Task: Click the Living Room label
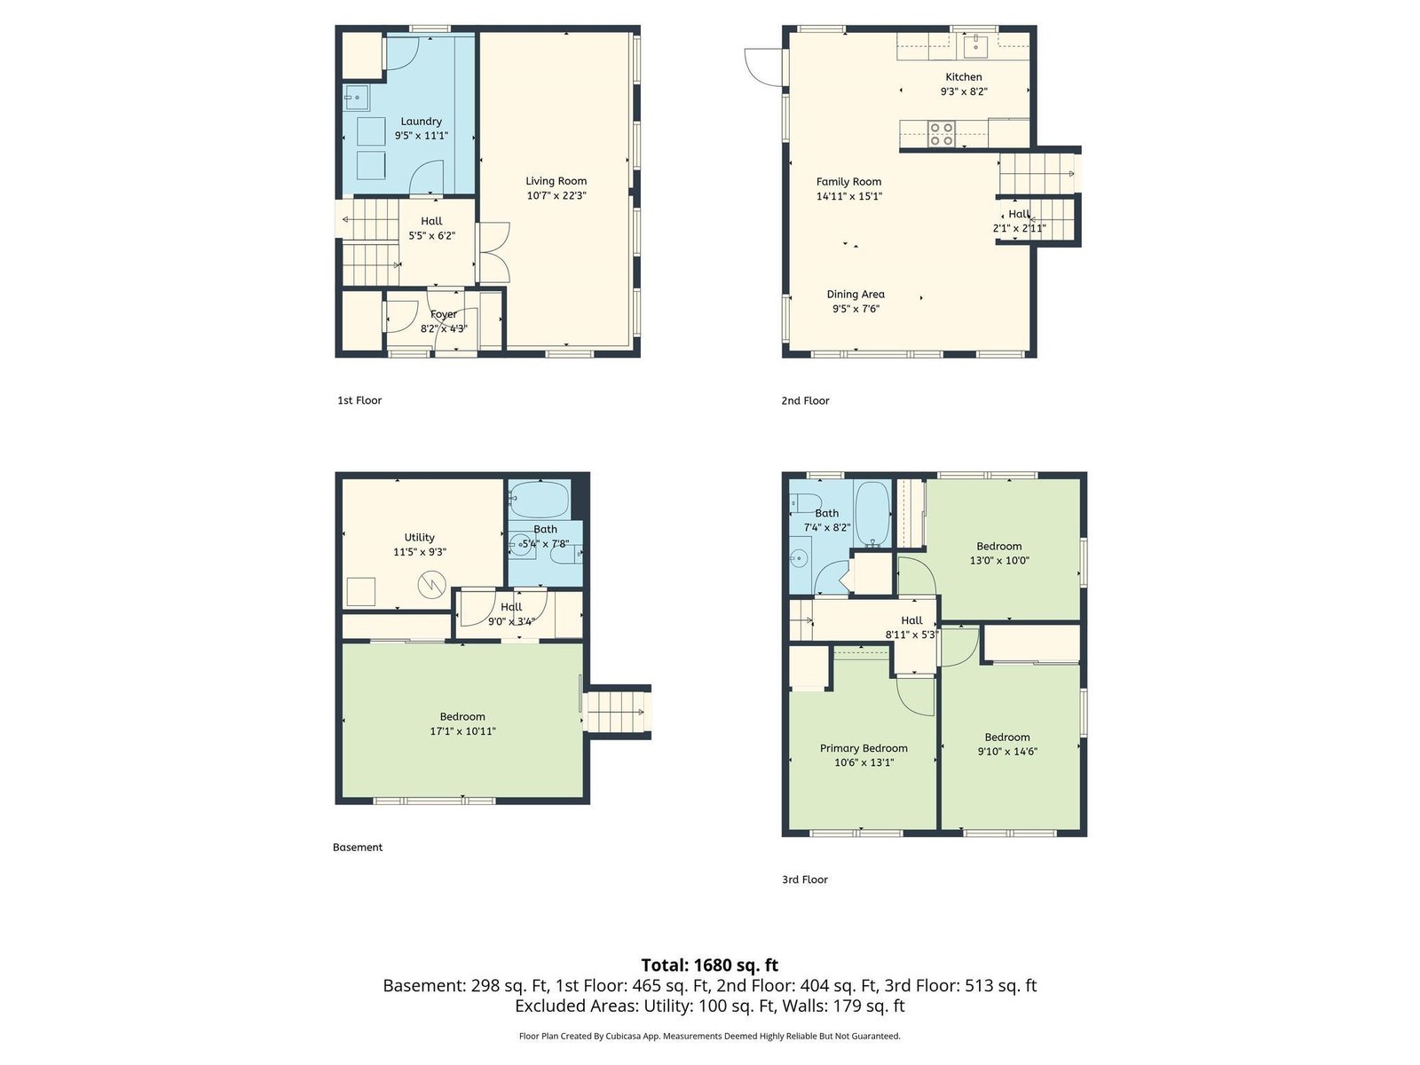click(x=556, y=181)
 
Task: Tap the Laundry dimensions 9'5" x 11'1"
click(x=422, y=136)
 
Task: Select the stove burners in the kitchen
click(x=942, y=134)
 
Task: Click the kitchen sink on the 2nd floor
click(x=974, y=46)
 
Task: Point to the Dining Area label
click(x=856, y=295)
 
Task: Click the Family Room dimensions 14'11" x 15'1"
click(x=848, y=196)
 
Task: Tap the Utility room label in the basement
click(x=419, y=537)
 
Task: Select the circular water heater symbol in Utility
click(x=431, y=585)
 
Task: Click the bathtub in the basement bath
click(x=538, y=499)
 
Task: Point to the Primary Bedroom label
click(x=864, y=748)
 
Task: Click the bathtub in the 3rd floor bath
click(x=872, y=514)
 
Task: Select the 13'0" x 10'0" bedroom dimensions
click(x=998, y=561)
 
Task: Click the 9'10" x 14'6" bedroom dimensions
click(x=1007, y=752)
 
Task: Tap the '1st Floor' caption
click(x=359, y=400)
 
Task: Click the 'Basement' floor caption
click(x=358, y=847)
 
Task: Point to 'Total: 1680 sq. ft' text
click(x=710, y=965)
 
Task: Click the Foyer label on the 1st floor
click(x=444, y=314)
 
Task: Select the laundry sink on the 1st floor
click(x=355, y=98)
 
